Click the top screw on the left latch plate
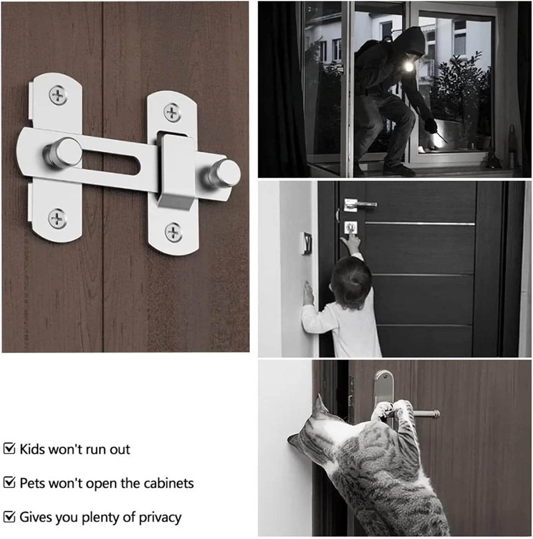click(x=58, y=95)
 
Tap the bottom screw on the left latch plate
click(x=57, y=218)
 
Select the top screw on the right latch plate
click(x=172, y=112)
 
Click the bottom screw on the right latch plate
click(x=173, y=232)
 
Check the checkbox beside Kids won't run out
click(x=9, y=449)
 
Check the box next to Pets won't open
click(x=9, y=483)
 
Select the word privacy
click(x=160, y=517)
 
